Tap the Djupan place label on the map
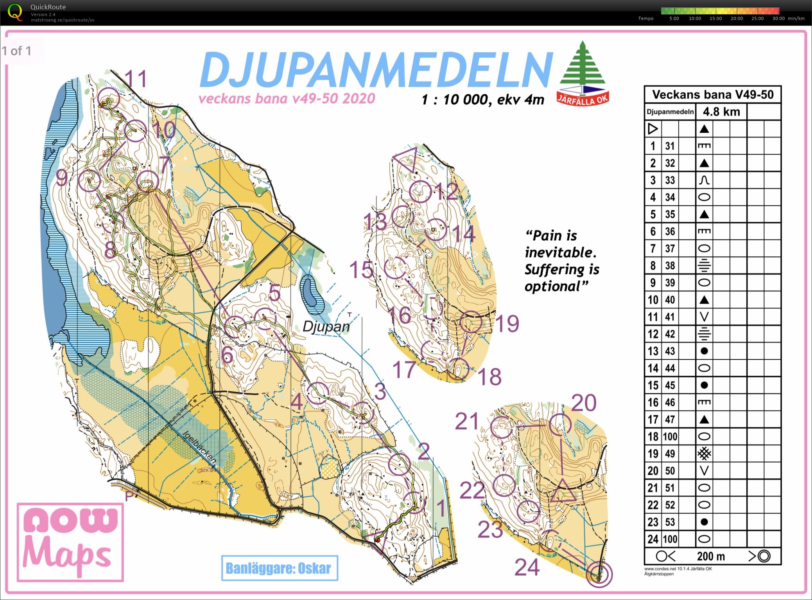point(326,327)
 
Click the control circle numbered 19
point(471,322)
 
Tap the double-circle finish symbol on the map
point(599,574)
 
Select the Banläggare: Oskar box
point(279,568)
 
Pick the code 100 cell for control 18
point(670,436)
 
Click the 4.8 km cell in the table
point(721,112)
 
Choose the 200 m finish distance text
point(711,556)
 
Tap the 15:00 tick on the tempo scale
point(715,18)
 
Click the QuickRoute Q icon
point(15,11)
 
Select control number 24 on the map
point(527,567)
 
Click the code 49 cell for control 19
point(670,454)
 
